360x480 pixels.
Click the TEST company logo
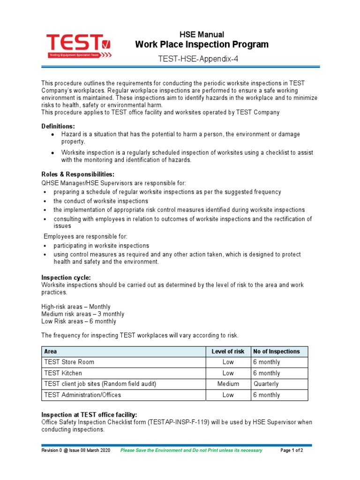[x=79, y=46]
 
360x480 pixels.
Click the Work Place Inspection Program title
[x=202, y=45]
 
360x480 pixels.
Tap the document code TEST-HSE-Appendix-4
[x=202, y=59]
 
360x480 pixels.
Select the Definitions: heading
[x=58, y=126]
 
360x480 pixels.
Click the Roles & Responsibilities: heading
[x=78, y=174]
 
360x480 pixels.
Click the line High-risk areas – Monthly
[x=76, y=307]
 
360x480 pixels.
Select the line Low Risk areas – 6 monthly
[x=79, y=322]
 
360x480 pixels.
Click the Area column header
[x=51, y=352]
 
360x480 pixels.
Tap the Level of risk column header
[x=228, y=352]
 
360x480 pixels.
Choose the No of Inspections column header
[x=276, y=352]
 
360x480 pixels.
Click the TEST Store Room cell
[x=68, y=362]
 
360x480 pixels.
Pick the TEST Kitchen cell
[x=63, y=373]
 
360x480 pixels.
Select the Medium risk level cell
[x=228, y=384]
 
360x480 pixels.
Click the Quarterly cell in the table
[x=266, y=384]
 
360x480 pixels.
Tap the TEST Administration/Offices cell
[x=82, y=395]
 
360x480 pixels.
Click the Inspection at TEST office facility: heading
[x=89, y=415]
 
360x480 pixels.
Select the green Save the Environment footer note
[x=191, y=450]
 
